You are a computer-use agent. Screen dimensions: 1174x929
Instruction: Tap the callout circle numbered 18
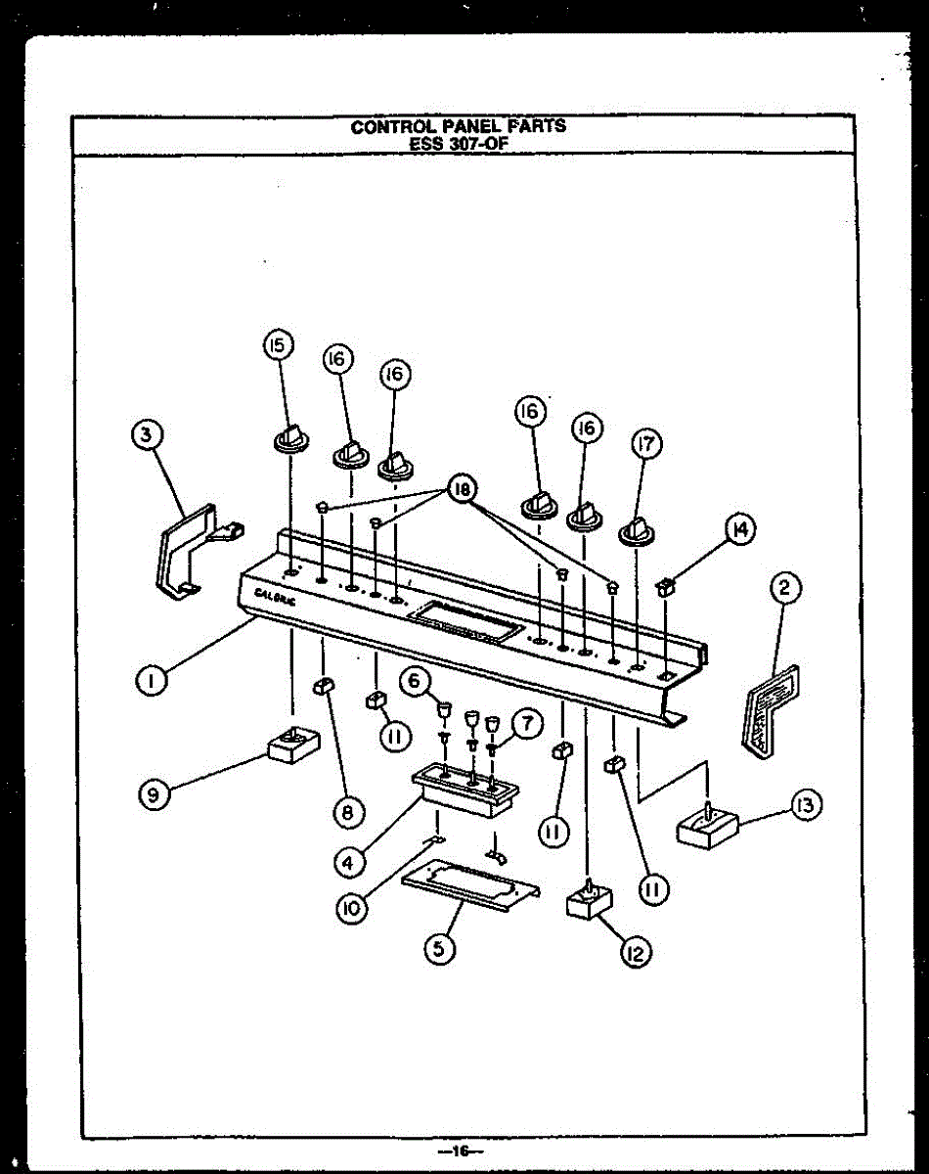coord(464,489)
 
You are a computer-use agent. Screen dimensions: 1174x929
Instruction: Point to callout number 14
coord(739,530)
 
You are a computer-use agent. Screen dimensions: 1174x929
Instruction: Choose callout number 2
coord(783,589)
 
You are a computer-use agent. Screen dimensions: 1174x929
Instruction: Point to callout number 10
coord(351,909)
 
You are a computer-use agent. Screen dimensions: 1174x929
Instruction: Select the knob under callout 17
coord(638,531)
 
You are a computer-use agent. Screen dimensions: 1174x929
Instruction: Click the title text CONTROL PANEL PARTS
coord(458,126)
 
